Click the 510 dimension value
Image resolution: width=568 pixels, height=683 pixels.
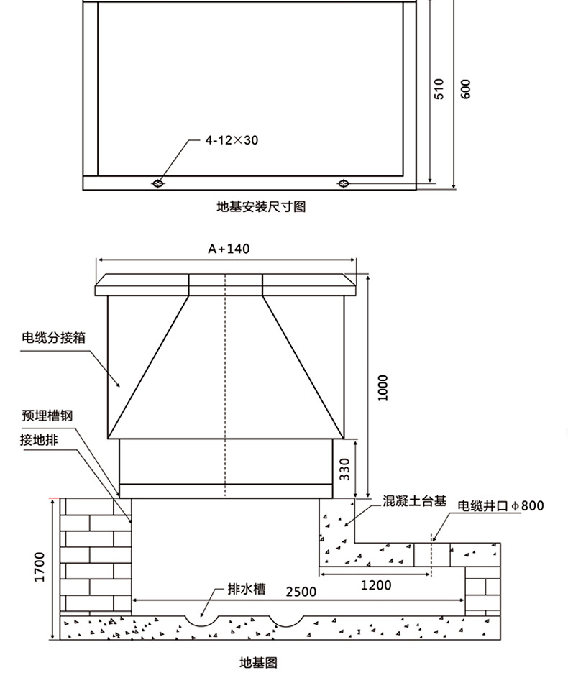point(440,88)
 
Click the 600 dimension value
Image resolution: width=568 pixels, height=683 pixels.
point(465,88)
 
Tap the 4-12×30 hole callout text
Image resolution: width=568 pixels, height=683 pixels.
point(232,140)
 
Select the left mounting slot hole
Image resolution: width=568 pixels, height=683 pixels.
point(157,184)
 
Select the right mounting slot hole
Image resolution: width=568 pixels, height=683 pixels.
point(344,184)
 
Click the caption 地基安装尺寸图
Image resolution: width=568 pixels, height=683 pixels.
point(261,207)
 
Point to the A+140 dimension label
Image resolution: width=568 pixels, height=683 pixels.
point(229,249)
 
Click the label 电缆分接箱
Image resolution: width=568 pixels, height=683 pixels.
point(49,336)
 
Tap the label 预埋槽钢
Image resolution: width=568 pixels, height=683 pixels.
point(47,416)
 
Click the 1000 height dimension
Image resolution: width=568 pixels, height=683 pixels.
point(383,388)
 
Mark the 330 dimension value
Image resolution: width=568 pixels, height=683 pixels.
point(344,469)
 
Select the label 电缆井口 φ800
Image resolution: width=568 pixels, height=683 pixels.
point(500,506)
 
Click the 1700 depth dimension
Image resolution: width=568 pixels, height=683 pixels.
point(39,567)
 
